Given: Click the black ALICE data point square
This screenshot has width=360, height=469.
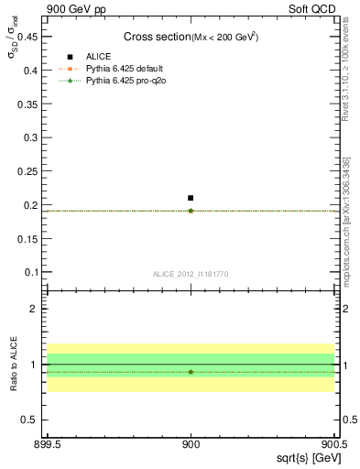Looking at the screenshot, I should click(191, 198).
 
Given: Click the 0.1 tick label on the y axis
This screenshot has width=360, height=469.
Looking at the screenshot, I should click(29, 272).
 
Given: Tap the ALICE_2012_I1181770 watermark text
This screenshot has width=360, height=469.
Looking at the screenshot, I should click(191, 273).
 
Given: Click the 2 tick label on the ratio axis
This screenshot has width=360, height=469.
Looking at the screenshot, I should click(34, 309).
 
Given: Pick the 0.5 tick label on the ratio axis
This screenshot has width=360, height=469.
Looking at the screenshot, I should click(29, 420).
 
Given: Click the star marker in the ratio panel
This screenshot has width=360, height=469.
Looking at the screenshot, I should click(191, 372).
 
